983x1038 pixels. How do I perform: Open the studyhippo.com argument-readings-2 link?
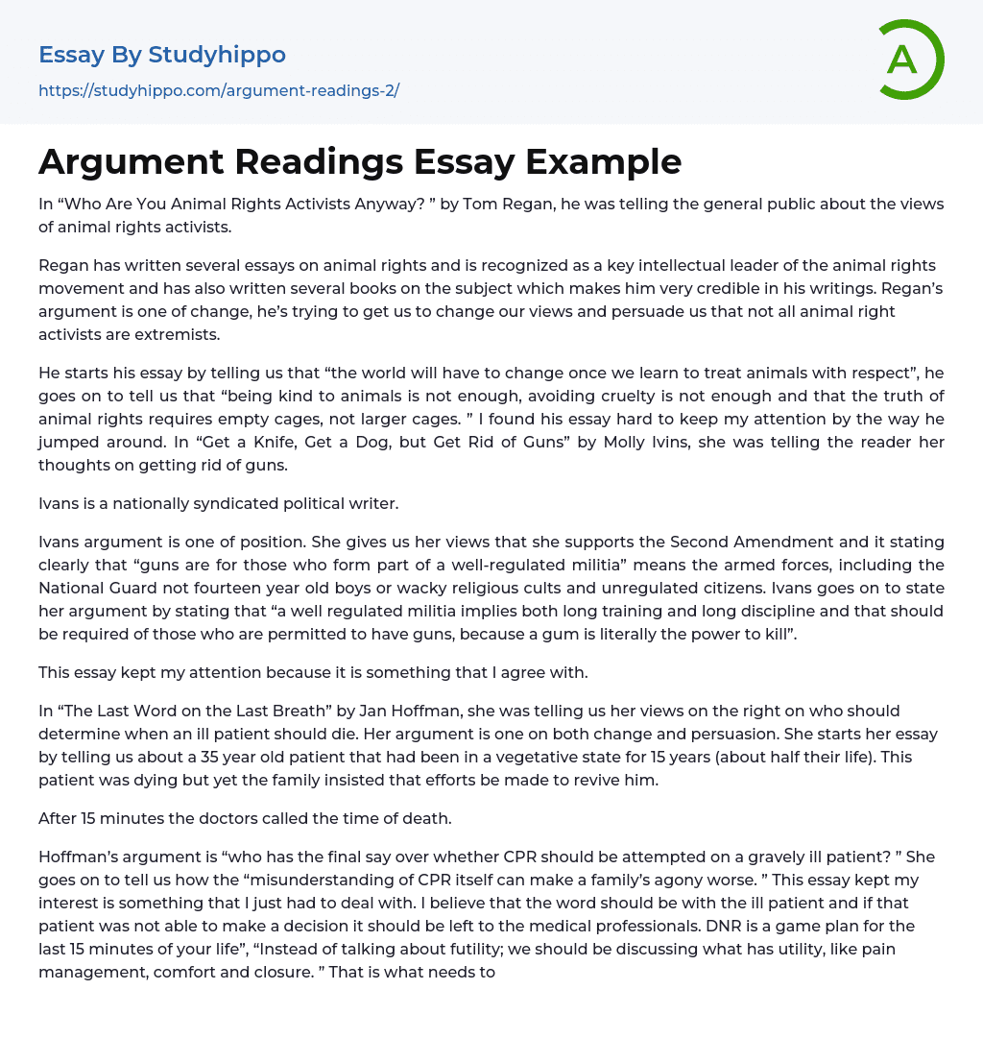tap(218, 91)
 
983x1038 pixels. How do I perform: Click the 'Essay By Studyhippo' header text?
tap(162, 55)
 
